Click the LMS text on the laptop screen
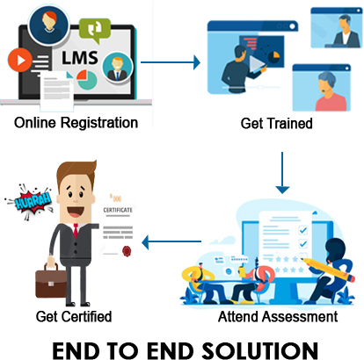80,58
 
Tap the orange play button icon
20,60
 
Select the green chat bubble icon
95,30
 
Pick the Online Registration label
76,123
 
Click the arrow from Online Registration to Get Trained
171,62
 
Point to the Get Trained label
276,124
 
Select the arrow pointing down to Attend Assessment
282,173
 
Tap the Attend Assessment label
278,317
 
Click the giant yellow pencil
328,270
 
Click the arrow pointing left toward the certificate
171,241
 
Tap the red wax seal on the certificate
127,251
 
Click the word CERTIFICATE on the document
118,210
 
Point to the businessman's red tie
76,231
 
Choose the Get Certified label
74,317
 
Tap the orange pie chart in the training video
275,54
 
